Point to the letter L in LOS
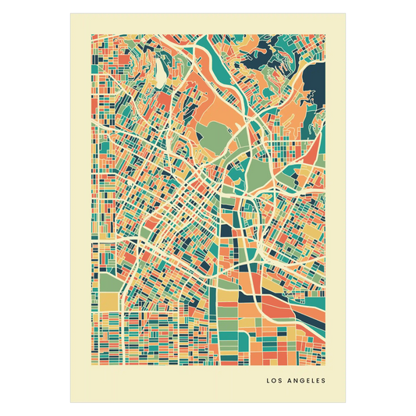pyautogui.click(x=268, y=381)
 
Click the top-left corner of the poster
pyautogui.click(x=69, y=12)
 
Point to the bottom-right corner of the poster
pyautogui.click(x=347, y=404)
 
